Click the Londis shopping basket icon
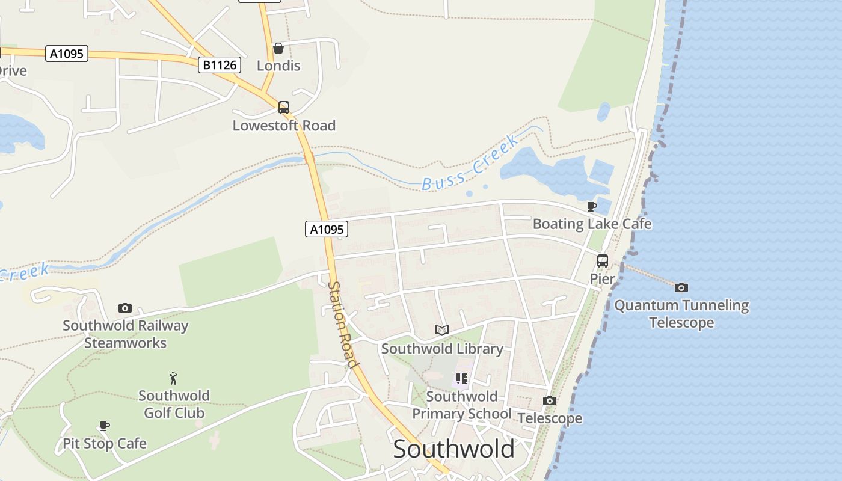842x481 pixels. point(278,48)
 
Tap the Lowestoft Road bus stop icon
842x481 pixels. point(284,108)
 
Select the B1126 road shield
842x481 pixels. point(220,64)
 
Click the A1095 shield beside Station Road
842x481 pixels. point(327,229)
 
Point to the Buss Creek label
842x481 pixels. point(470,164)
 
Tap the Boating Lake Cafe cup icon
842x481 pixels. point(592,207)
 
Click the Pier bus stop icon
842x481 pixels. point(603,261)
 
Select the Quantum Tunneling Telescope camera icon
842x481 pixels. point(681,287)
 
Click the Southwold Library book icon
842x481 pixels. point(442,330)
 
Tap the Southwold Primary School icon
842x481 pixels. point(461,379)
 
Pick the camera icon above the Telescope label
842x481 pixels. point(550,400)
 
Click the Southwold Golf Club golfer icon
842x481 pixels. point(174,378)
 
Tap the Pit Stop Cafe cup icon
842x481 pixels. point(105,426)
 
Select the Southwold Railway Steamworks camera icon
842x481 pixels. point(125,308)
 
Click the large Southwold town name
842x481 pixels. point(454,449)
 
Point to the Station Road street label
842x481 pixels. point(343,325)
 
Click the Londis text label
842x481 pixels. point(278,66)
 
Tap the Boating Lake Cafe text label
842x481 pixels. point(592,224)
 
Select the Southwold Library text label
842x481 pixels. point(442,349)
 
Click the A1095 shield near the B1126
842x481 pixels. point(67,54)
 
